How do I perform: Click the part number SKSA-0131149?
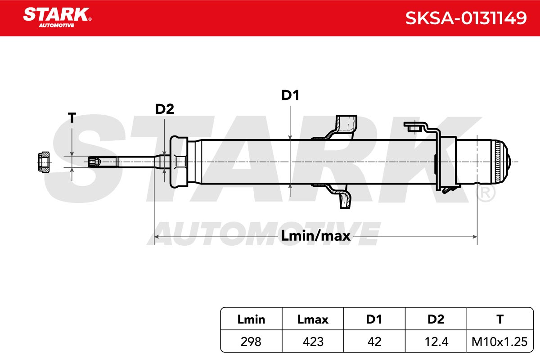466,18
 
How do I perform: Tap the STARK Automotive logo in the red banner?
57,18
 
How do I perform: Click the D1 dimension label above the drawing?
290,95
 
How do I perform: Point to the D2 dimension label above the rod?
164,109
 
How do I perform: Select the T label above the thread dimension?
72,117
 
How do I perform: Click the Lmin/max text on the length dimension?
315,236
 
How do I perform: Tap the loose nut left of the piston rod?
44,162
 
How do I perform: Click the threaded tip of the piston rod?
94,162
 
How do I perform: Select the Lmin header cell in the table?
251,319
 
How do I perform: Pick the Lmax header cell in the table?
313,319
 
